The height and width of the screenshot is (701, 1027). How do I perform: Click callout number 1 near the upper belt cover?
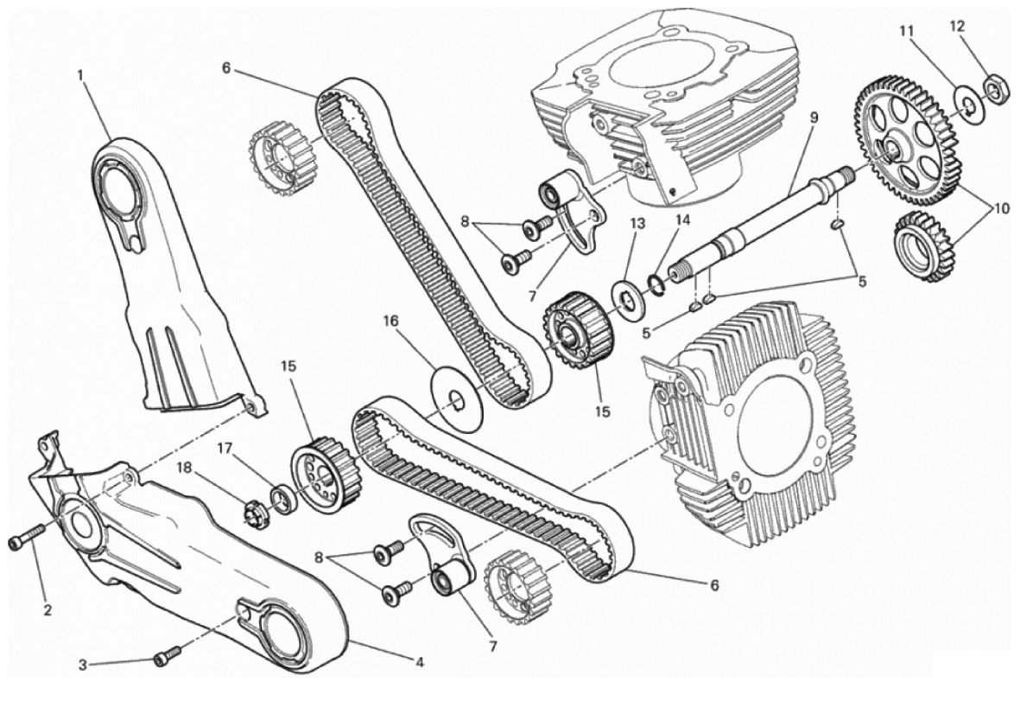tap(80, 75)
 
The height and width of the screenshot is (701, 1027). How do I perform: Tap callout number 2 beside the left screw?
tap(48, 610)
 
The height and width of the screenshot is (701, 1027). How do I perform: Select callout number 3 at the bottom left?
tap(83, 666)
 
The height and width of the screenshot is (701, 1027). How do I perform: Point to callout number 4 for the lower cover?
tap(420, 662)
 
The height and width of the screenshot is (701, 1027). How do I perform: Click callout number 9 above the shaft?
tap(814, 118)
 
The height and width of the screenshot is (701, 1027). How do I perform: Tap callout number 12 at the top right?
tap(957, 26)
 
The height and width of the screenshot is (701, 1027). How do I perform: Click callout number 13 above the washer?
tap(637, 223)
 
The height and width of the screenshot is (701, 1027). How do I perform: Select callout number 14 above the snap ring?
tap(682, 220)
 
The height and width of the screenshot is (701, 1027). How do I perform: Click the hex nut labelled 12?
tap(996, 88)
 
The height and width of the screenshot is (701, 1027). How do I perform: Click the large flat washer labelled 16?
tap(458, 397)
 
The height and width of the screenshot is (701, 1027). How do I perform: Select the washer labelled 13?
tap(626, 299)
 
